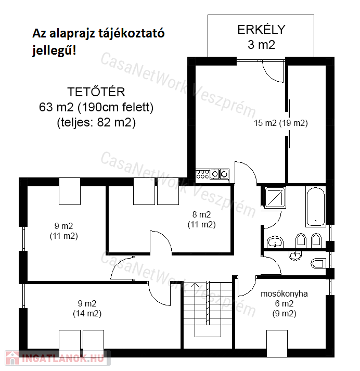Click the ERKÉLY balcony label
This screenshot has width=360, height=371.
point(261,29)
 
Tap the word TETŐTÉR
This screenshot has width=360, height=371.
point(96,92)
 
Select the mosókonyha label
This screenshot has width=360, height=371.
point(284,293)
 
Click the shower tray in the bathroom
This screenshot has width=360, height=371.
point(275,197)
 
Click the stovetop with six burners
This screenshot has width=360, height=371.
point(203,174)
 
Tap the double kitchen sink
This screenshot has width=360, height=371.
point(220,174)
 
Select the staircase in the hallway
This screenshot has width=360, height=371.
point(208,309)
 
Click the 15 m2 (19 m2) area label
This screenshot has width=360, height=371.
point(281,123)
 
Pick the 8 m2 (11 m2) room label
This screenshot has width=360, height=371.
point(201,220)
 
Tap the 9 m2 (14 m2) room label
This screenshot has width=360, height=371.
point(87,308)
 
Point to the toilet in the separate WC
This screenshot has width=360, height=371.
point(318,263)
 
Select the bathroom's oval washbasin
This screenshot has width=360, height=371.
point(275,242)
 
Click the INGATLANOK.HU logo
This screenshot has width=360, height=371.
point(58,358)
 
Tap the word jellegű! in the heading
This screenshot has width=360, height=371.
point(54,50)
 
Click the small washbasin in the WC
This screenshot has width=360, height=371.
point(295,255)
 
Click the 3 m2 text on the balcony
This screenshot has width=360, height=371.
point(261,45)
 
